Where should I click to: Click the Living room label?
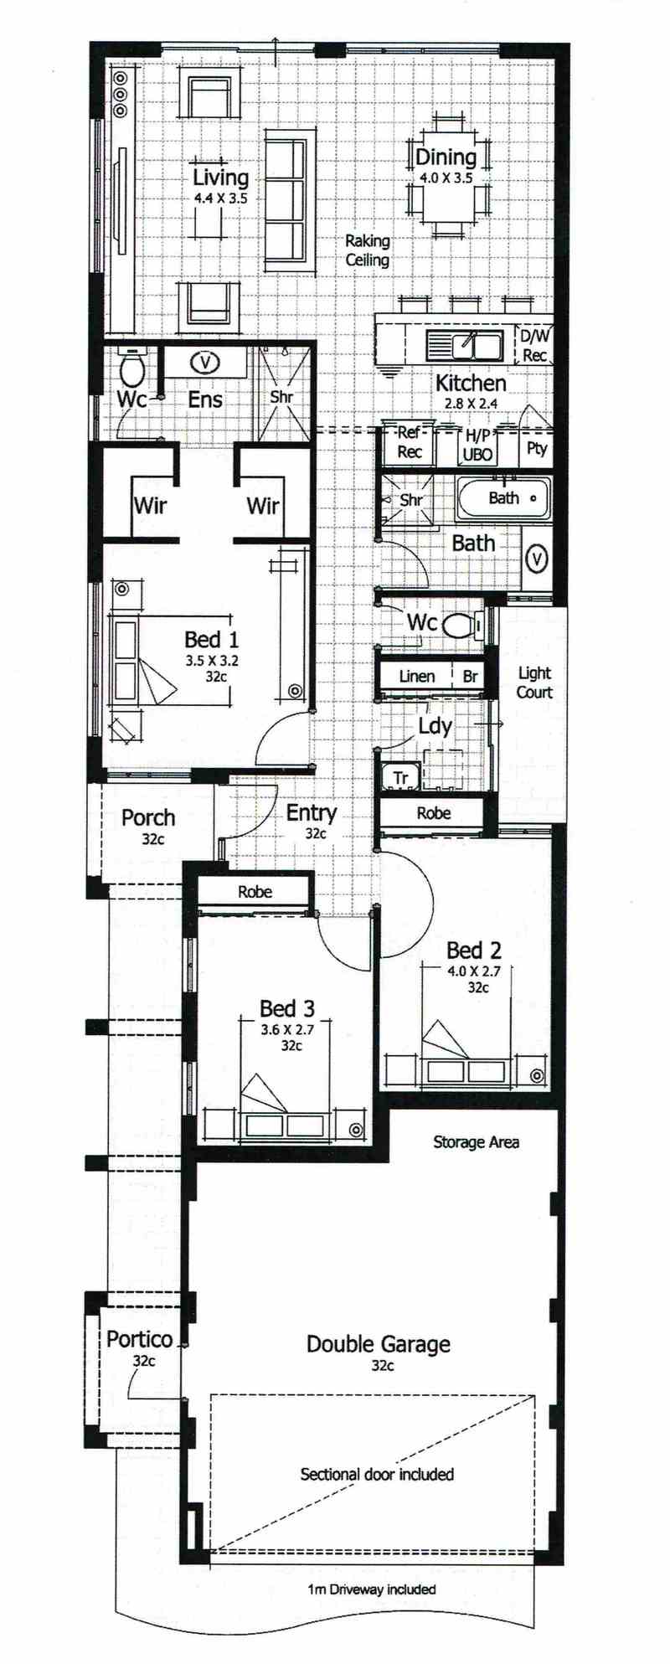tap(220, 178)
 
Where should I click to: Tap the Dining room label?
tap(446, 157)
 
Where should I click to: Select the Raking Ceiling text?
tap(368, 250)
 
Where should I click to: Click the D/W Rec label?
tap(535, 346)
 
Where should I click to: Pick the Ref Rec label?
tap(409, 442)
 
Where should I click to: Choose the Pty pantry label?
tap(537, 448)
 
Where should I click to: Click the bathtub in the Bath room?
tap(503, 498)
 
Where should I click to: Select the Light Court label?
tap(534, 683)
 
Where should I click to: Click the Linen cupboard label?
tap(417, 676)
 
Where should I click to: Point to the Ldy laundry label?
tap(435, 726)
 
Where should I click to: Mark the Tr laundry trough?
tap(401, 778)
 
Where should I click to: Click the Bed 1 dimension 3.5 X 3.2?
tap(213, 660)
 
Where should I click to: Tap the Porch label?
tap(148, 817)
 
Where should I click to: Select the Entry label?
tap(312, 812)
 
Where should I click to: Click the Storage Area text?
tap(476, 1141)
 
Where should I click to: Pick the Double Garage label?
tap(379, 1345)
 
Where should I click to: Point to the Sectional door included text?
tap(377, 1474)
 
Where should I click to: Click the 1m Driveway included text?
tap(372, 1589)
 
